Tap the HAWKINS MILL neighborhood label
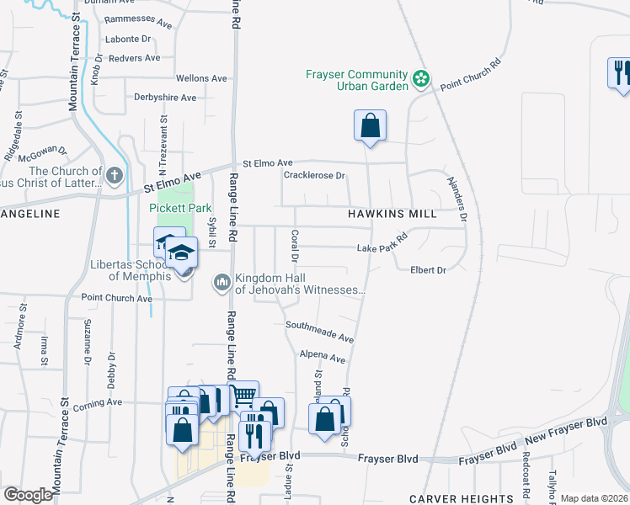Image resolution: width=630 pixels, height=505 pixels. [392, 214]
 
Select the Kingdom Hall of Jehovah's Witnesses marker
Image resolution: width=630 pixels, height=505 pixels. [222, 282]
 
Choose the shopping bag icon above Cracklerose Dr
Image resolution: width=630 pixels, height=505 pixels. [370, 126]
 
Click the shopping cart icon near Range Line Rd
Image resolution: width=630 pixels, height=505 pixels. [243, 394]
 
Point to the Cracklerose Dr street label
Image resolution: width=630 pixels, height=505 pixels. [315, 175]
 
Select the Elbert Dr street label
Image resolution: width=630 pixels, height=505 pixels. [427, 269]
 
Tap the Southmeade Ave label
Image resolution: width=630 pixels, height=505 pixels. [319, 331]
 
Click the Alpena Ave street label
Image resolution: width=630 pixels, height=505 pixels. [323, 358]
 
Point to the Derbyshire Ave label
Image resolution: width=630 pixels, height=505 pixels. [165, 98]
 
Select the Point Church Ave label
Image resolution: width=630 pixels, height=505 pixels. [116, 298]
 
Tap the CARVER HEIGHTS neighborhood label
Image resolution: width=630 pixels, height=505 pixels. [462, 499]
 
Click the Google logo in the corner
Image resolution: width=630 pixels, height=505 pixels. [29, 495]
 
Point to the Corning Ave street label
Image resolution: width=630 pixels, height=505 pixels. [98, 403]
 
